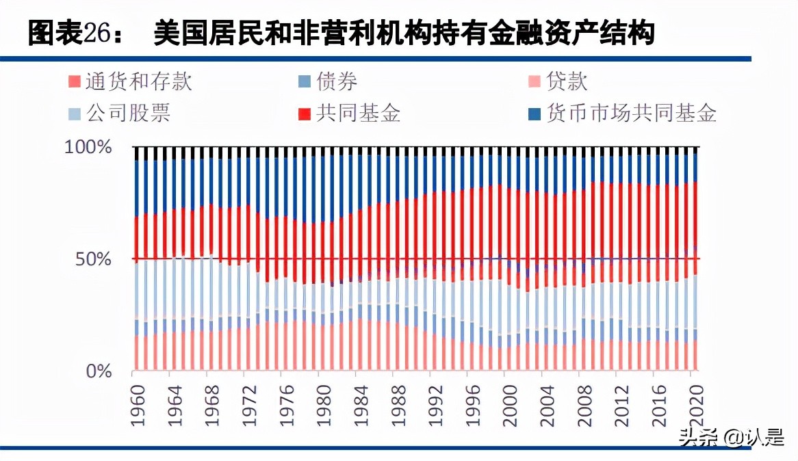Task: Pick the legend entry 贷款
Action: pyautogui.click(x=567, y=81)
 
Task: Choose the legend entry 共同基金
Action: pyautogui.click(x=358, y=112)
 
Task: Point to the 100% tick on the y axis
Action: pyautogui.click(x=88, y=147)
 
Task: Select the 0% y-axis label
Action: pyautogui.click(x=98, y=372)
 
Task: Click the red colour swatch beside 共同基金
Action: pyautogui.click(x=305, y=113)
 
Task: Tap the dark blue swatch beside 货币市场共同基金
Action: pyautogui.click(x=535, y=113)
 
